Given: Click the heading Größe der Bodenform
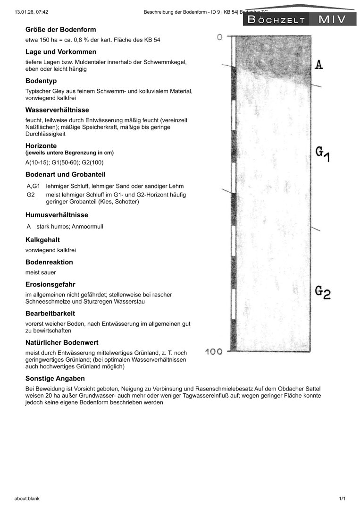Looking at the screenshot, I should click(x=60, y=30).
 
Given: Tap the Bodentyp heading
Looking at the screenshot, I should click(x=41, y=81).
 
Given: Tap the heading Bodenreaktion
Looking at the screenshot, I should click(x=49, y=262).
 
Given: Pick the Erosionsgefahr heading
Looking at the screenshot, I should click(x=50, y=284).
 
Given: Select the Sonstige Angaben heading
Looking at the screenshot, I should click(x=55, y=379).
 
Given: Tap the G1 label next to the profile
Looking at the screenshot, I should click(x=323, y=154).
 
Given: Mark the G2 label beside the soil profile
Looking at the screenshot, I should click(x=323, y=291).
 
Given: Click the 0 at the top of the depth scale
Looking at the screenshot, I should click(x=219, y=37).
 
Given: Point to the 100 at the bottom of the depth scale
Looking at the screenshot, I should click(x=214, y=352).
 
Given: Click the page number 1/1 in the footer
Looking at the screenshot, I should click(x=342, y=499).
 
